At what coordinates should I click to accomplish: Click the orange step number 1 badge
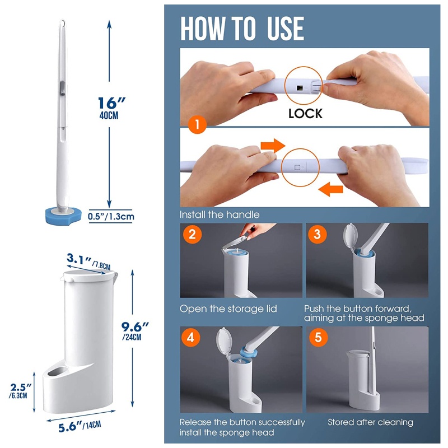(198, 124)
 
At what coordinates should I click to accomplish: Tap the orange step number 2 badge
(192, 234)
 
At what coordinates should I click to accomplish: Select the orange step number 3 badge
(317, 234)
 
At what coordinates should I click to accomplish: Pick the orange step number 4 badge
(190, 338)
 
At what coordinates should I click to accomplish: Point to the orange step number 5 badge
(319, 338)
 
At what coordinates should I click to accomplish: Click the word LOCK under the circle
(305, 114)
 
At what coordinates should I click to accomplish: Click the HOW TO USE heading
(242, 29)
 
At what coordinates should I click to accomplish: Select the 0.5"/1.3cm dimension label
(111, 216)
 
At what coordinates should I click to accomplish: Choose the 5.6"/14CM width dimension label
(80, 426)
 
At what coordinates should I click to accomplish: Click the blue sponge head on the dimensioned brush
(63, 216)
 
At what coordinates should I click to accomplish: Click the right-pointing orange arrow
(273, 146)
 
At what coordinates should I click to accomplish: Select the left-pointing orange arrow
(330, 189)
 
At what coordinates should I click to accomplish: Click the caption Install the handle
(220, 214)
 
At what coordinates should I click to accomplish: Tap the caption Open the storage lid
(228, 309)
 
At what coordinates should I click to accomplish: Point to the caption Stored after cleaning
(370, 422)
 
